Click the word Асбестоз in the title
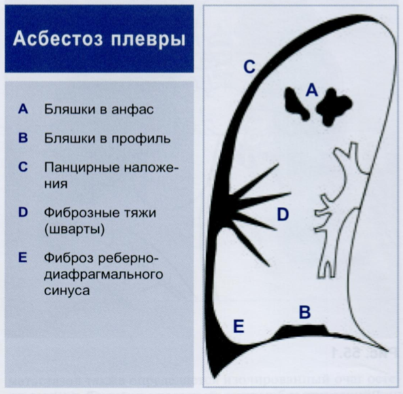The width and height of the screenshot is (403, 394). (x=56, y=39)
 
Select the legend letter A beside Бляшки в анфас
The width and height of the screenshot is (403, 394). (x=23, y=109)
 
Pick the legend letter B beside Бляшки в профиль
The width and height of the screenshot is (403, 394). (x=23, y=138)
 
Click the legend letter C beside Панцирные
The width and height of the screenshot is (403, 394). (x=23, y=167)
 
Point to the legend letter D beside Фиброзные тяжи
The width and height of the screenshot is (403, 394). (x=23, y=213)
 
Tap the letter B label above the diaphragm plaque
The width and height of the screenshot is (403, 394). (x=304, y=312)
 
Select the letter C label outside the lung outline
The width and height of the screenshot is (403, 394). (x=249, y=67)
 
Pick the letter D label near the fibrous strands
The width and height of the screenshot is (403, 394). (x=282, y=214)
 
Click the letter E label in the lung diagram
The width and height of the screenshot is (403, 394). (x=239, y=326)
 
